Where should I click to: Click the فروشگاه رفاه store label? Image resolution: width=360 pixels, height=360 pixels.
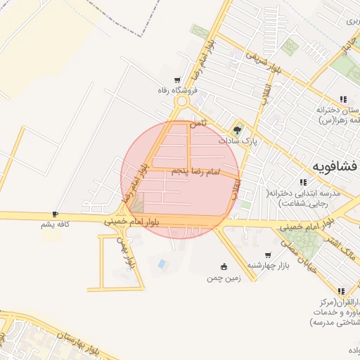click(x=178, y=90)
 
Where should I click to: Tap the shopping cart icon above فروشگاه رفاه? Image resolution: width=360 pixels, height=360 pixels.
click(x=178, y=80)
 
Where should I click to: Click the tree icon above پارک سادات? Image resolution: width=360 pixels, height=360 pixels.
click(x=237, y=129)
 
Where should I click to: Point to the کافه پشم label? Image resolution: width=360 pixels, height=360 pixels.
click(x=57, y=224)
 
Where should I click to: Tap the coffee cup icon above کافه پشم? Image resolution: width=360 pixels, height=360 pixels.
click(x=55, y=214)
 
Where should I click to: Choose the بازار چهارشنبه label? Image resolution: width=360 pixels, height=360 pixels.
click(x=269, y=265)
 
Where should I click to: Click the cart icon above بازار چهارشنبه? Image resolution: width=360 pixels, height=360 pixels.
click(x=268, y=255)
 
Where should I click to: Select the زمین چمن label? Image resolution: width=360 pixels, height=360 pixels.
click(x=224, y=278)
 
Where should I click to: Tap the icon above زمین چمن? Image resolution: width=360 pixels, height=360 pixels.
click(x=224, y=266)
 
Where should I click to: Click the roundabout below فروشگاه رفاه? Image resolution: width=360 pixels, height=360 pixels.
click(x=183, y=102)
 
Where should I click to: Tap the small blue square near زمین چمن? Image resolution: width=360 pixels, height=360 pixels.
click(x=163, y=264)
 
